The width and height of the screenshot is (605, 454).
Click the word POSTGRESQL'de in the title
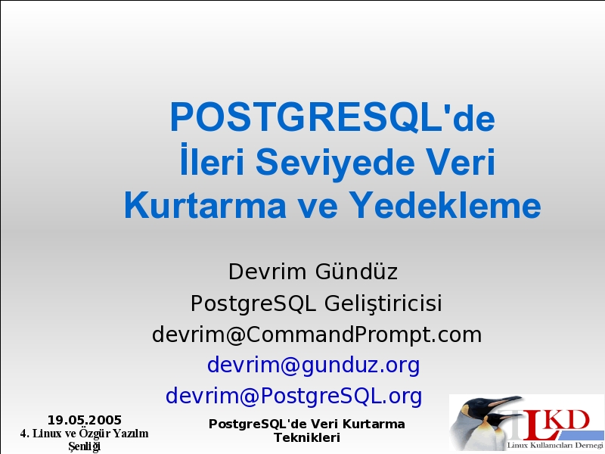click(x=332, y=117)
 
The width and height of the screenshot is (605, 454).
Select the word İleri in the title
click(x=212, y=160)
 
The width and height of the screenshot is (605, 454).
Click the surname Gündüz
click(x=356, y=271)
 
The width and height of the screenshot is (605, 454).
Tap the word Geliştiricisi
click(x=383, y=303)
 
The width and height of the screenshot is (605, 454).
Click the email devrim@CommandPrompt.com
click(x=317, y=334)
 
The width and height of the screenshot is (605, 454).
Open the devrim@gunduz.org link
click(x=313, y=365)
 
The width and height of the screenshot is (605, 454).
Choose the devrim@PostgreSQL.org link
click(x=293, y=396)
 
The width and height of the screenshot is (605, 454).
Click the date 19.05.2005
click(x=85, y=420)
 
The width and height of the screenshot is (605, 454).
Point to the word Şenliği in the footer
click(x=85, y=446)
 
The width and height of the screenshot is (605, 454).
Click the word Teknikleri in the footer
click(x=307, y=438)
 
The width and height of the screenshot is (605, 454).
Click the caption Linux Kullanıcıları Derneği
click(x=555, y=445)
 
